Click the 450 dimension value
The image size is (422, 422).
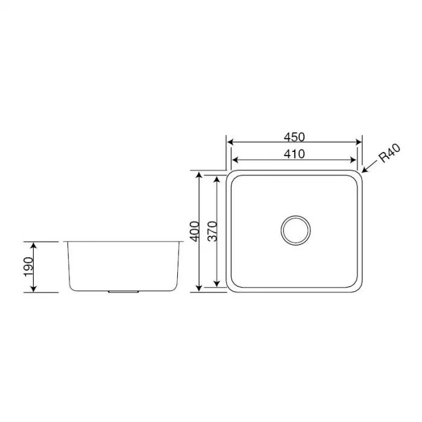pyautogui.click(x=294, y=136)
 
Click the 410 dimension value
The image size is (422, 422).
pyautogui.click(x=294, y=154)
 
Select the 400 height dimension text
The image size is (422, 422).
pyautogui.click(x=194, y=231)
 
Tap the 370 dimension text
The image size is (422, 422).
pyautogui.click(x=212, y=231)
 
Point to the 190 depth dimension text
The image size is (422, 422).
pyautogui.click(x=28, y=266)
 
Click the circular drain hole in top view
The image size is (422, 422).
pyautogui.click(x=295, y=229)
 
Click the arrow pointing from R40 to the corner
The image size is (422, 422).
pyautogui.click(x=368, y=169)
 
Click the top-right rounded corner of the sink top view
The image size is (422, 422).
pyautogui.click(x=358, y=176)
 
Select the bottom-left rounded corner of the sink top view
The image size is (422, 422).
pyautogui.click(x=232, y=286)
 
